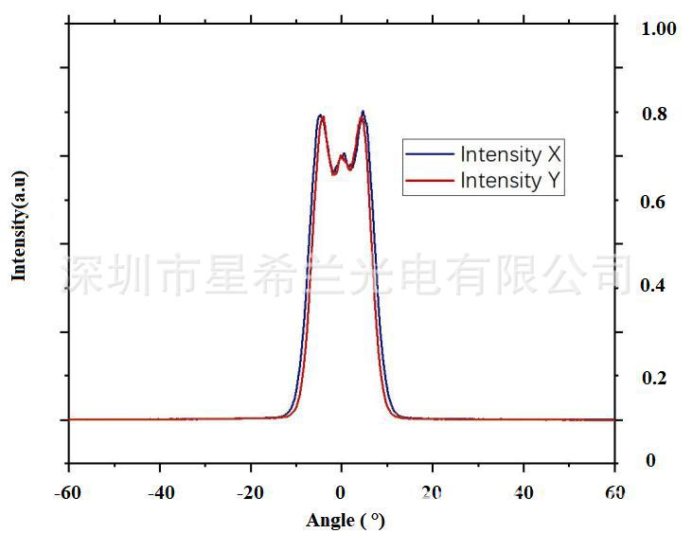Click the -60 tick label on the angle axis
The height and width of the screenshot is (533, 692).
click(68, 492)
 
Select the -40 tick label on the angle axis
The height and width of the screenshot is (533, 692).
click(160, 492)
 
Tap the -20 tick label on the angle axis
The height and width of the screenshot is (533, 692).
click(251, 492)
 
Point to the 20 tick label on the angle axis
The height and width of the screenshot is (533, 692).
click(433, 492)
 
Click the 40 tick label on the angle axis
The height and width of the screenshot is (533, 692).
click(523, 492)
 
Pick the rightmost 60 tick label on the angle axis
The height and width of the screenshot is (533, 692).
click(615, 492)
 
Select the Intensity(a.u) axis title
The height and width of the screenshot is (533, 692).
click(19, 225)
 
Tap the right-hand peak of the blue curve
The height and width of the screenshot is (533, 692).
click(363, 112)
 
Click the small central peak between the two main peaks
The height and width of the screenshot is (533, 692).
click(343, 154)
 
